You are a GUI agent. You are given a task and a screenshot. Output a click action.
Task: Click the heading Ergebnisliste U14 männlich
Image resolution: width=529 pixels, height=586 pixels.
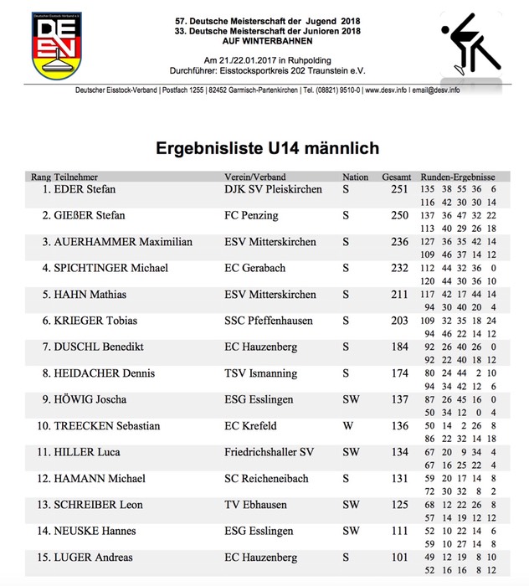coord(268,148)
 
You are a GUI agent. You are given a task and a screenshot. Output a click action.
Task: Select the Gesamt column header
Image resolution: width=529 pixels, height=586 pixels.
coord(396,177)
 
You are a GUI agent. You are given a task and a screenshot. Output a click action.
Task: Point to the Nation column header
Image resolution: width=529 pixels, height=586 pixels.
coord(355,177)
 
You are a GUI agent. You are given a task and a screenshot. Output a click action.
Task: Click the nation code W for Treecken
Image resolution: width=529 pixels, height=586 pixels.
coord(347,426)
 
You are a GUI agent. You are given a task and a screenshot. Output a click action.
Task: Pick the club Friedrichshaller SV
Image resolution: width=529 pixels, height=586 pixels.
coord(270,452)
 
